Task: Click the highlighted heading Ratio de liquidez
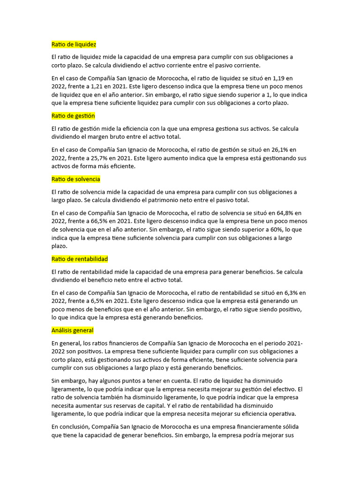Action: pyautogui.click(x=74, y=45)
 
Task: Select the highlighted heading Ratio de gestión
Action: pyautogui.click(x=73, y=115)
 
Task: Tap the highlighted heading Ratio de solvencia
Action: pyautogui.click(x=75, y=179)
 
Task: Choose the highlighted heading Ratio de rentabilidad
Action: pyautogui.click(x=80, y=259)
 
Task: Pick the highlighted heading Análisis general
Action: pyautogui.click(x=72, y=330)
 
